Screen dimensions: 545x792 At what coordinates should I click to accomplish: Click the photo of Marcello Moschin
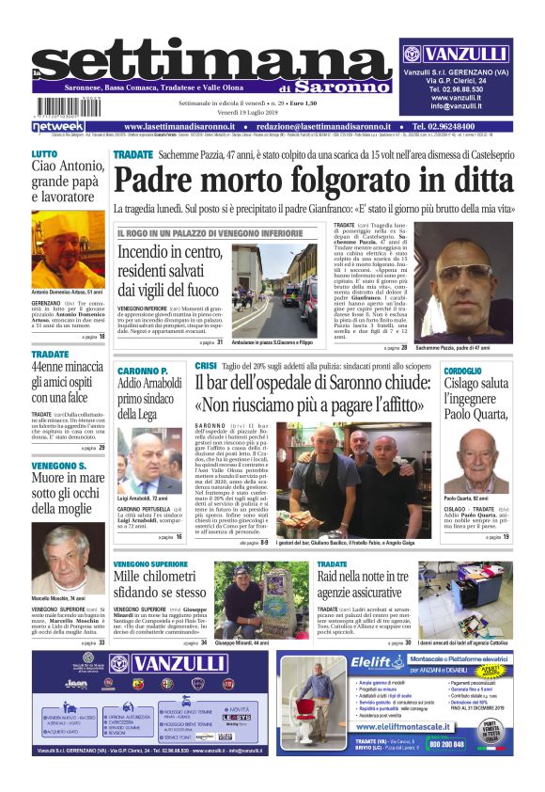[x=68, y=558]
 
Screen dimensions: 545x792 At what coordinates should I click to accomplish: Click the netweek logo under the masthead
[x=57, y=126]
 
